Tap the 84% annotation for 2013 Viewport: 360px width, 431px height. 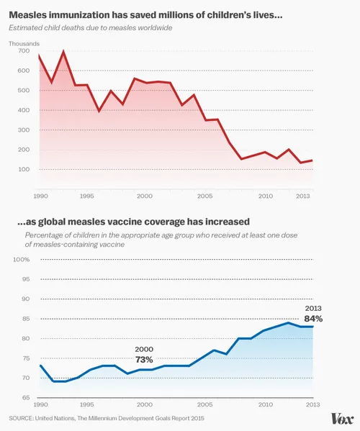pyautogui.click(x=313, y=318)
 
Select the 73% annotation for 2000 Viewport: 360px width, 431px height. pyautogui.click(x=144, y=359)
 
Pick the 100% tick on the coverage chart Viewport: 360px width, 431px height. pyautogui.click(x=21, y=259)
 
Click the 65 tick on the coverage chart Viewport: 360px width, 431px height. pyautogui.click(x=23, y=397)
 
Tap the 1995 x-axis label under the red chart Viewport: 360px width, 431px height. pyautogui.click(x=86, y=196)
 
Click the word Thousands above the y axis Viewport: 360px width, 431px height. pyautogui.click(x=24, y=44)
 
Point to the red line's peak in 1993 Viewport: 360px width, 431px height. pyautogui.click(x=63, y=52)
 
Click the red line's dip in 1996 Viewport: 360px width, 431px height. pyautogui.click(x=99, y=111)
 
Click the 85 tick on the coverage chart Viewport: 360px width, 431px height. pyautogui.click(x=23, y=318)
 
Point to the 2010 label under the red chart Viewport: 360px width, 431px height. pyautogui.click(x=266, y=196)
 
